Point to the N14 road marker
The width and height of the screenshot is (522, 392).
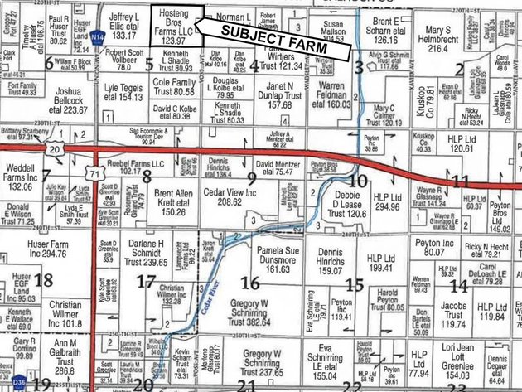[x=98, y=37]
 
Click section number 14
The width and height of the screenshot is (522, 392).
[x=458, y=285]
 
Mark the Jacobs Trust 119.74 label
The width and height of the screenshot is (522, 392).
[x=453, y=315]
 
